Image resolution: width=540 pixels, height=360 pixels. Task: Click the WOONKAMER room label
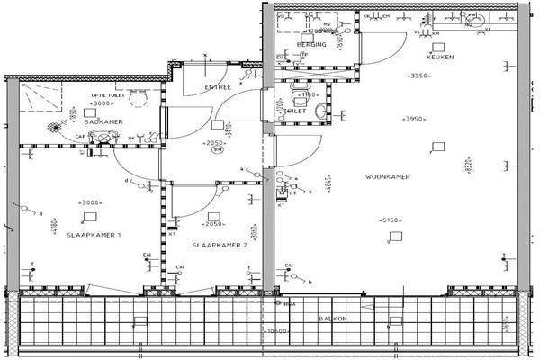tap(388, 176)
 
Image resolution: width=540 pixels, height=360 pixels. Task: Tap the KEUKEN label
tap(440, 57)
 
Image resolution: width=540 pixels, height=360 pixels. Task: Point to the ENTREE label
tap(218, 87)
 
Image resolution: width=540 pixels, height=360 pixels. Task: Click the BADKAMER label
tap(103, 121)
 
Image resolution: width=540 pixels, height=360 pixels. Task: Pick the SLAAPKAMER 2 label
tap(219, 245)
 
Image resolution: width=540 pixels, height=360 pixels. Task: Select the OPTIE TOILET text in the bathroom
tap(107, 94)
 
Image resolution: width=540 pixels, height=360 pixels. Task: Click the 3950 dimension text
tap(413, 119)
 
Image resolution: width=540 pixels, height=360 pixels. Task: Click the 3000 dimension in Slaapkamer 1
tap(91, 202)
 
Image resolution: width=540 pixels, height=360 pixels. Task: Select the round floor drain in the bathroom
tap(58, 126)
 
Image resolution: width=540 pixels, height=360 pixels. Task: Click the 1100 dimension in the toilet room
tap(310, 94)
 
